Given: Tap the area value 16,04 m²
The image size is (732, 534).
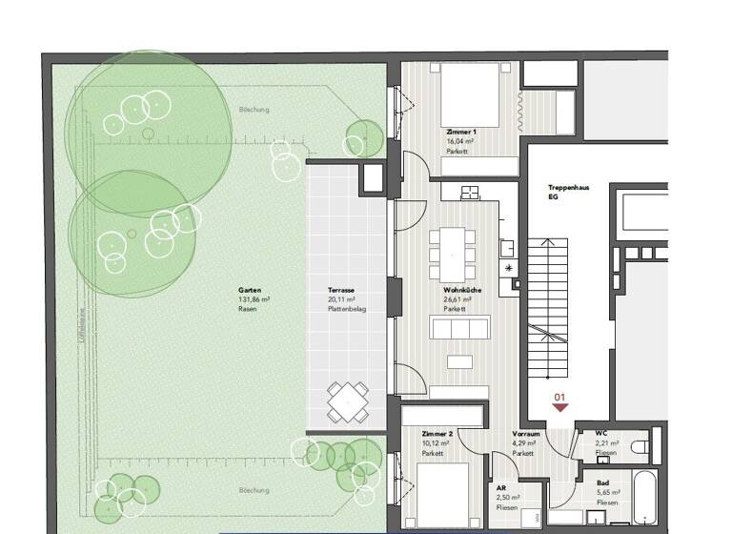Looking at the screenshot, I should point(460,139).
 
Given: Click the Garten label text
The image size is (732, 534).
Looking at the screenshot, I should point(250,289).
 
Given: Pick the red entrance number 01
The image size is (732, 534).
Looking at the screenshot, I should point(559,396).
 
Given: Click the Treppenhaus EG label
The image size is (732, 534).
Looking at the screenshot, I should point(568,192).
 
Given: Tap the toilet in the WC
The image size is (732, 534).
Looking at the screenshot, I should point(640,445).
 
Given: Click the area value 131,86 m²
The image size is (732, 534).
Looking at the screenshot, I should point(254,299).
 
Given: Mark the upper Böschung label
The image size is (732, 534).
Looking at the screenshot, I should point(254,110).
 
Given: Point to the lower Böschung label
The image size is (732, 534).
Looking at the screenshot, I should point(254,490).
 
